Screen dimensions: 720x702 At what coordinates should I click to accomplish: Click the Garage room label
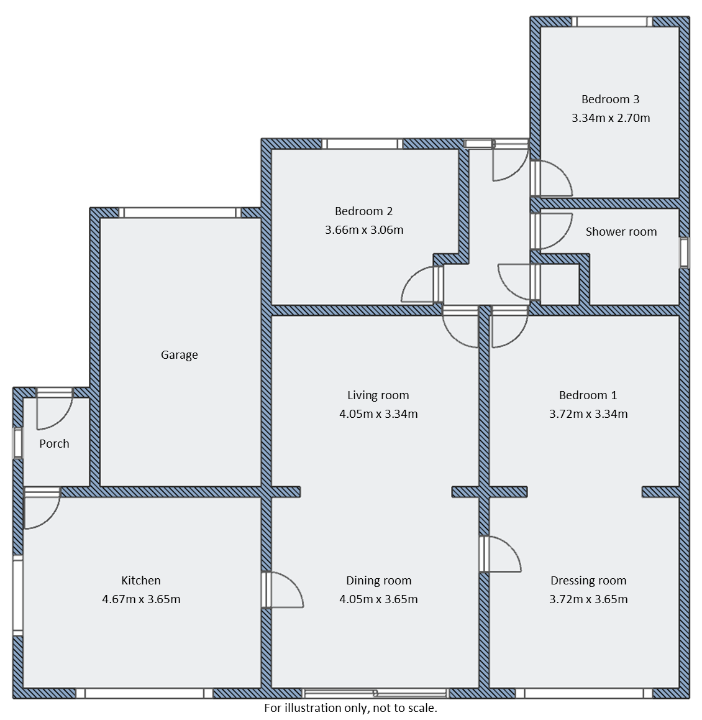tap(179, 355)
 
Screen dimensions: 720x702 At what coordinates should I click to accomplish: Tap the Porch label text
tap(54, 444)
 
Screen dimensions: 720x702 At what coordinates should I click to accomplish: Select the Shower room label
tap(621, 232)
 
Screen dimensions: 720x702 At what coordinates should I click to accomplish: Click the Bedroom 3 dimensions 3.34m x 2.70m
tap(610, 118)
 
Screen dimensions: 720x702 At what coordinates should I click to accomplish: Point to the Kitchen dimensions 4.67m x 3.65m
tap(141, 599)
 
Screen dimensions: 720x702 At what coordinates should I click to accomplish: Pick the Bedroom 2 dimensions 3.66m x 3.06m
tap(363, 230)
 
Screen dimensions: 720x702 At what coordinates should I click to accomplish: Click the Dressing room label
tap(588, 581)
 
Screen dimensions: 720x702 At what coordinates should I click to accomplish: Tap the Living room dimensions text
tap(378, 413)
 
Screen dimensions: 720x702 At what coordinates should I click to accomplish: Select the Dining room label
tap(378, 581)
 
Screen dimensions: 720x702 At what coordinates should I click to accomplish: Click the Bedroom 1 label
tap(588, 395)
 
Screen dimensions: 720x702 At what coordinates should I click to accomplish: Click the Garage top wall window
tap(180, 213)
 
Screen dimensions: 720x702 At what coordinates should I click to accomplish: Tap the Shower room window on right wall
tap(684, 252)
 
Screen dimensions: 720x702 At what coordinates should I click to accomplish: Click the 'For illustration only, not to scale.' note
tap(350, 708)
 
